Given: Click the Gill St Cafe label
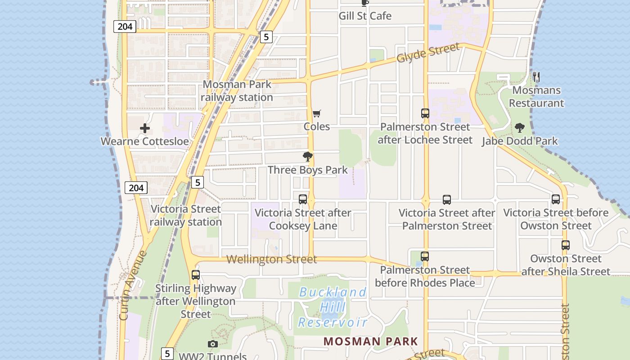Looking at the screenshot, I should point(365,16).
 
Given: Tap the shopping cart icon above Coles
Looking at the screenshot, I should point(317,114).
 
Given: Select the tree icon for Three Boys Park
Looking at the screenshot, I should point(308,157).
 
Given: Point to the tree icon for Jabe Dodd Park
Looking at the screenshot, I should point(520,128).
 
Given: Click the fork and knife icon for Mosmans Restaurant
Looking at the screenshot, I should point(536,77).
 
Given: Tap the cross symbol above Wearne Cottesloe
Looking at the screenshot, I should point(144,128).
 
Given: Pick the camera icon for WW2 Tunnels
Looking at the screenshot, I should point(213,344).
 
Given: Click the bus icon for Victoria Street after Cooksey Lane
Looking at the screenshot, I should point(303,199).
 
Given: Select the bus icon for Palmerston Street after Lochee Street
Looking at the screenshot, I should point(425,113).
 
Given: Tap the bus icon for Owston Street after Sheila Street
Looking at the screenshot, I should point(566,245).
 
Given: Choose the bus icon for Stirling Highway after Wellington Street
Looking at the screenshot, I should point(196,275).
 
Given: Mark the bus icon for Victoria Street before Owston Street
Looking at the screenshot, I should point(556,199).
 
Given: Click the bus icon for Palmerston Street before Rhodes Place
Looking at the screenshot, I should point(425,256).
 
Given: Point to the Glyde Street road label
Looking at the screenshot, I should point(428,53).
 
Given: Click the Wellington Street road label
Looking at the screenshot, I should point(272,259).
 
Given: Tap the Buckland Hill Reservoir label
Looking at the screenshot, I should point(333,307).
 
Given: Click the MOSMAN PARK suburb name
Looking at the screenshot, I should point(371,342).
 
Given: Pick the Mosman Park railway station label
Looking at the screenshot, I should point(237,91).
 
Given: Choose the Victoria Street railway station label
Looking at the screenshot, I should point(185,216).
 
